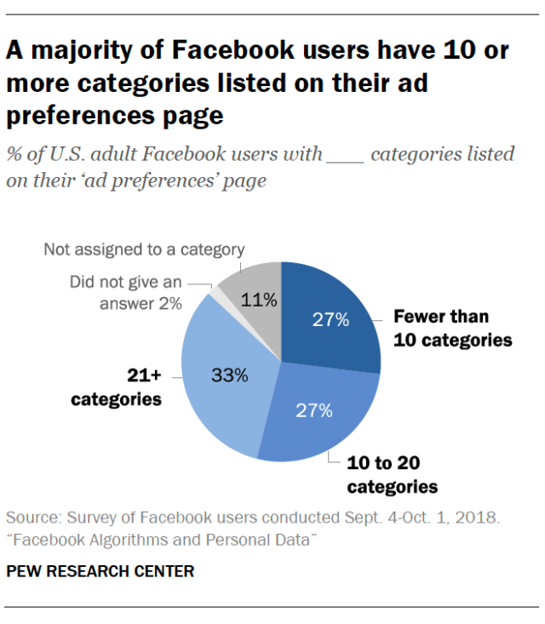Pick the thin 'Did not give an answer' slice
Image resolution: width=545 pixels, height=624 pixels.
point(218,295)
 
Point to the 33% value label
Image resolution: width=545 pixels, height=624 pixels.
point(229,375)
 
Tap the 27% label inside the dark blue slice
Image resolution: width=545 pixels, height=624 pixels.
point(330,320)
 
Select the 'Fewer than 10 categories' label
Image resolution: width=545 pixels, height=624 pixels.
point(452,328)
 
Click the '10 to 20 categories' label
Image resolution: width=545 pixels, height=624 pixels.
point(392,475)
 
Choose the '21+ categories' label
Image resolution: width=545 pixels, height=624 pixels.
point(117,386)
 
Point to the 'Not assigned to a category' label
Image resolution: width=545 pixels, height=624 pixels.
point(145,249)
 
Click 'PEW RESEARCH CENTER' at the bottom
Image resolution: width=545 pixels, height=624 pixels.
point(100,571)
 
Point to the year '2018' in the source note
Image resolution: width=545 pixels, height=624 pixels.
point(478,518)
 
